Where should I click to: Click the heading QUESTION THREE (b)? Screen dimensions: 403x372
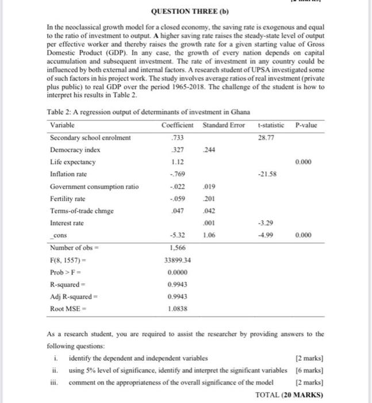(186, 11)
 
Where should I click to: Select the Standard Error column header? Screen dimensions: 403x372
(224, 125)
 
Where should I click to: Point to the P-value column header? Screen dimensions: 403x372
(305, 125)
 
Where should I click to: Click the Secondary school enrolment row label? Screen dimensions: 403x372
(90, 138)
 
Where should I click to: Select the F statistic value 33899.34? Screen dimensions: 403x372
(179, 260)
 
